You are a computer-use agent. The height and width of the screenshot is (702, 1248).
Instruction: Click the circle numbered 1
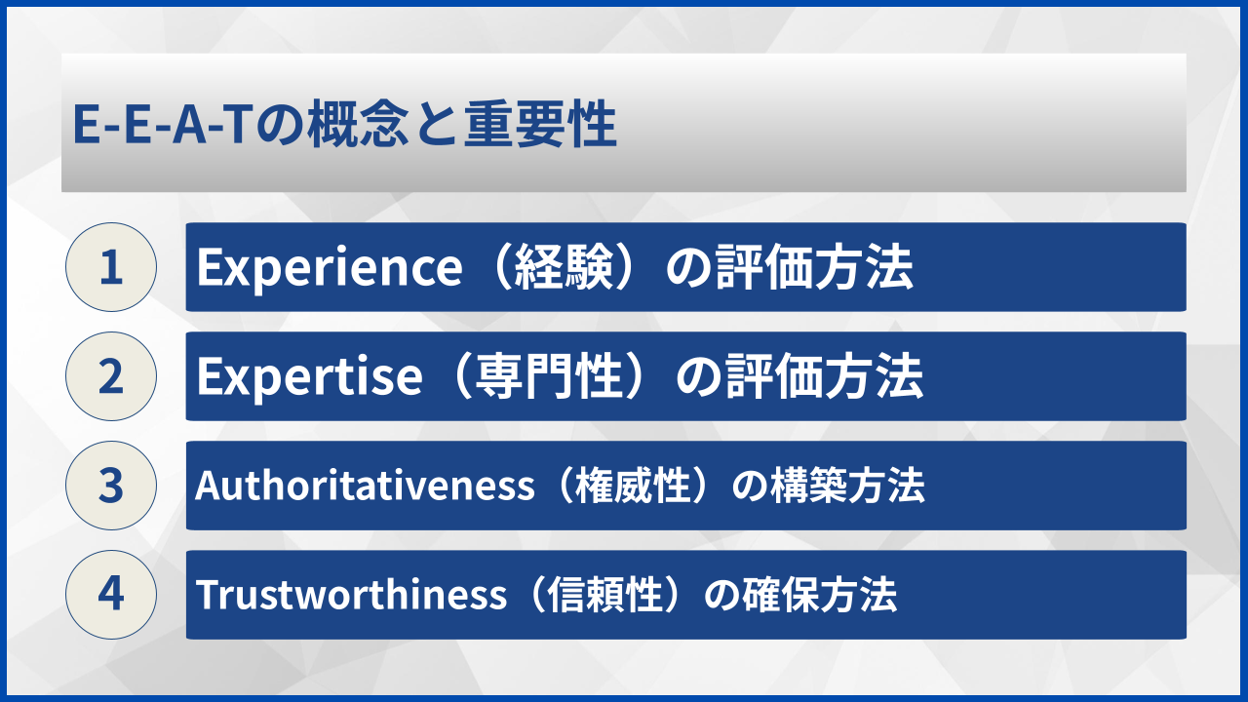pyautogui.click(x=111, y=267)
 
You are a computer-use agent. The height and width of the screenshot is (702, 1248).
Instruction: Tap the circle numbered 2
pyautogui.click(x=111, y=376)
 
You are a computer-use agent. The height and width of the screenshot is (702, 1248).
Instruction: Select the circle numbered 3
pyautogui.click(x=111, y=486)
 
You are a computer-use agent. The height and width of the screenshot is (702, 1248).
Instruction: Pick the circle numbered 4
pyautogui.click(x=111, y=595)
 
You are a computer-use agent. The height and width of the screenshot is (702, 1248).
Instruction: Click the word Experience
pyautogui.click(x=330, y=268)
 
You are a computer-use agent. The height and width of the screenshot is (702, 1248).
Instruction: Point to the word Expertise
pyautogui.click(x=309, y=377)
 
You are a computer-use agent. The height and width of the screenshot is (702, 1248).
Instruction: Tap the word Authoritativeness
pyautogui.click(x=365, y=486)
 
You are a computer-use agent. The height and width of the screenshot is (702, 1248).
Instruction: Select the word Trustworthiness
pyautogui.click(x=351, y=595)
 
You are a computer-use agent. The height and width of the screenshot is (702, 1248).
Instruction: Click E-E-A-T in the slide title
pyautogui.click(x=160, y=124)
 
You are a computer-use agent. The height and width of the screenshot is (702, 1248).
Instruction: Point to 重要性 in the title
pyautogui.click(x=540, y=124)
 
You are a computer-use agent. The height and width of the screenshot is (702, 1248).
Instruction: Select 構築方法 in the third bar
pyautogui.click(x=847, y=486)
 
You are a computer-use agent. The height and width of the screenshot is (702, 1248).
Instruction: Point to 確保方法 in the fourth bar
pyautogui.click(x=820, y=595)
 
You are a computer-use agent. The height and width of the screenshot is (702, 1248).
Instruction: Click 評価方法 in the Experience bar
pyautogui.click(x=814, y=268)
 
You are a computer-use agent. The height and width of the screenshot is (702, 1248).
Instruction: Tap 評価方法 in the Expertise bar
pyautogui.click(x=825, y=377)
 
